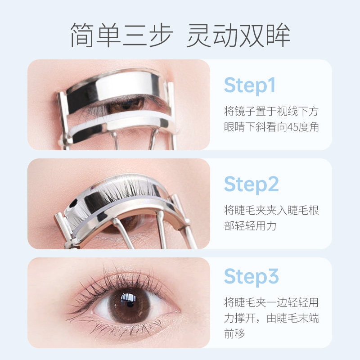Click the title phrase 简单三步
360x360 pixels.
tap(120, 35)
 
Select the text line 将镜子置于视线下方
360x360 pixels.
tap(271, 111)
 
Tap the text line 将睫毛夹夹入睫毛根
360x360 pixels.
tap(271, 210)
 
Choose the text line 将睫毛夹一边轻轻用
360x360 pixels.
tap(271, 302)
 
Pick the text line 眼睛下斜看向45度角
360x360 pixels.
tap(271, 127)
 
